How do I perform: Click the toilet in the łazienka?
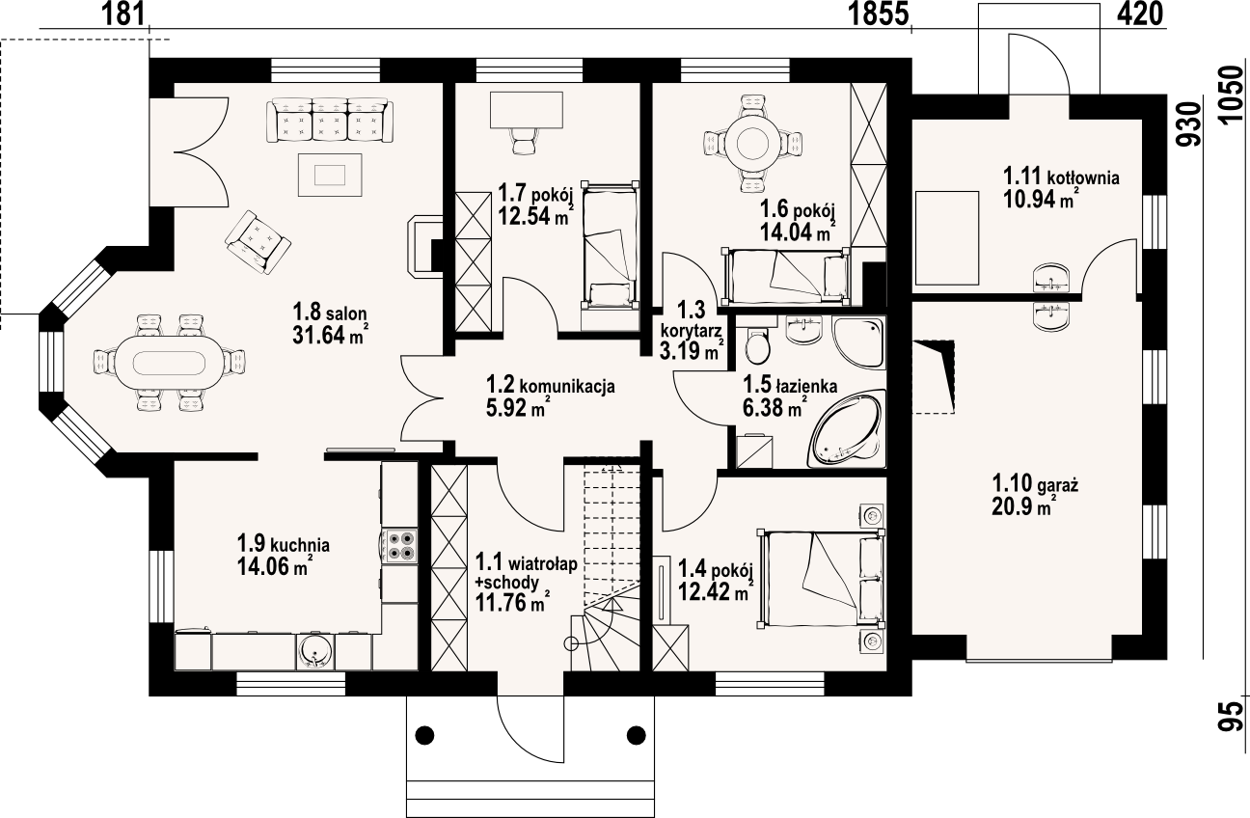coord(757,342)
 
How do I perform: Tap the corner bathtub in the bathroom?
coord(847,428)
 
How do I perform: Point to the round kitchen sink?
coord(314,650)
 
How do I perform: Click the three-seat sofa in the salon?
coord(331,120)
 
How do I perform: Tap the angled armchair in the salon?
coord(258,241)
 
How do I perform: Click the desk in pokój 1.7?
coord(527,109)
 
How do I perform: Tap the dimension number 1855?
coord(879,15)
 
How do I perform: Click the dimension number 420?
coord(1139,14)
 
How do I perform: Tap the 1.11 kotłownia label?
coord(1061,177)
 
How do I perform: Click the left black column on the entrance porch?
coord(424,735)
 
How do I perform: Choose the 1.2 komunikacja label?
coord(550,385)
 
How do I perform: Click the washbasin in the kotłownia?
coord(1051,278)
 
